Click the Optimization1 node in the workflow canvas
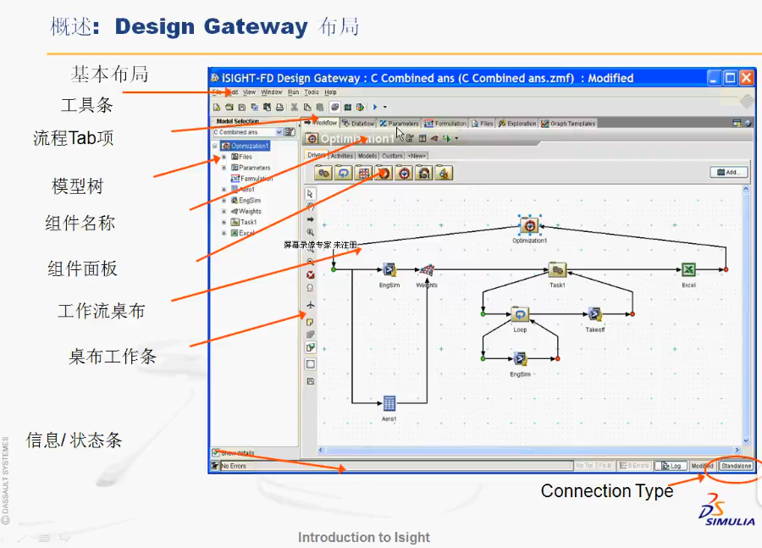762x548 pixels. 530,226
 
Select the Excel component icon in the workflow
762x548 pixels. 688,269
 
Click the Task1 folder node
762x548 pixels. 557,270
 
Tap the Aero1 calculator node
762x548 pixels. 389,403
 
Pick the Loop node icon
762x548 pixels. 520,314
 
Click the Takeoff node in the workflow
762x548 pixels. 595,314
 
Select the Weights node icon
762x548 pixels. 427,270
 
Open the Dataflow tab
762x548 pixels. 360,124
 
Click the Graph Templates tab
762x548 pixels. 569,124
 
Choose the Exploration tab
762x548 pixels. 517,124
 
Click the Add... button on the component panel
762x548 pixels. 728,172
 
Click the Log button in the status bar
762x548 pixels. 674,466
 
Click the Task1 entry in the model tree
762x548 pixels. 247,222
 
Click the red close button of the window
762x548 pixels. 746,78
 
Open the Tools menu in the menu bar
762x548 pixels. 312,92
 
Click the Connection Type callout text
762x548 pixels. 606,491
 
